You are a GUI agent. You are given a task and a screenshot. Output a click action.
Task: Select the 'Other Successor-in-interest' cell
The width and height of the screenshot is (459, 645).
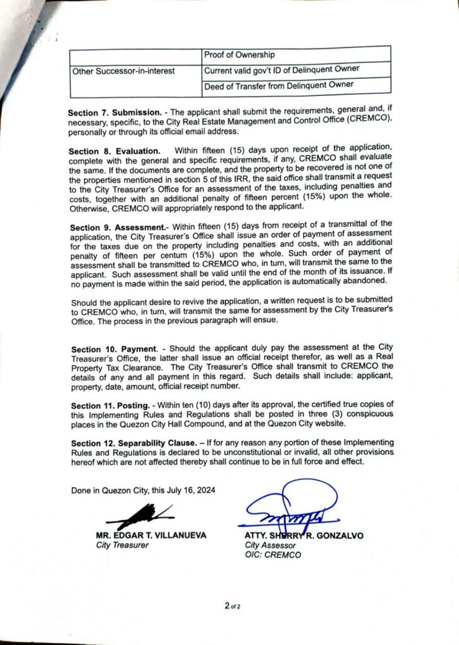tap(123, 71)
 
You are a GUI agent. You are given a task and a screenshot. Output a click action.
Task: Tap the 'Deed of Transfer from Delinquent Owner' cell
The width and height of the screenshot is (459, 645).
tap(278, 84)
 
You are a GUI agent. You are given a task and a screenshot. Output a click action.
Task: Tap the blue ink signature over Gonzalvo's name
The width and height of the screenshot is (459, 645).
tap(290, 507)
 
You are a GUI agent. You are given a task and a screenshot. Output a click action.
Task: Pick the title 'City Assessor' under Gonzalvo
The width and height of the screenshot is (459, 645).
tap(270, 545)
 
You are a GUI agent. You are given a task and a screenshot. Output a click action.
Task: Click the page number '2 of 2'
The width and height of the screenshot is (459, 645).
tap(232, 606)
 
